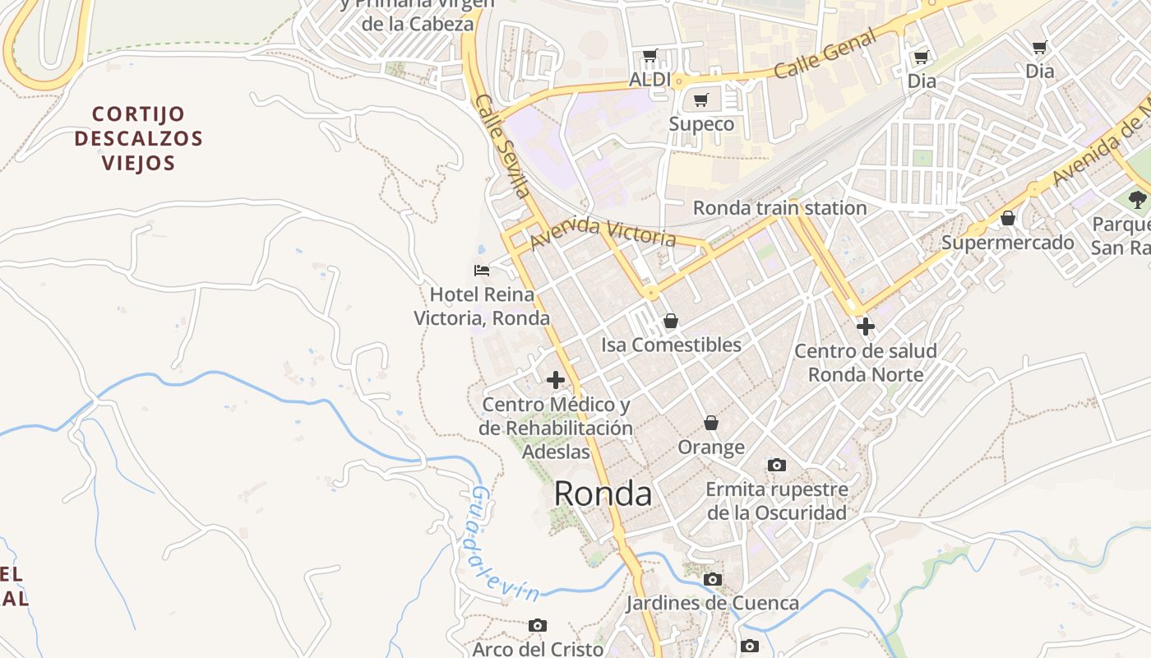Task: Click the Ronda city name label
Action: click(603, 493)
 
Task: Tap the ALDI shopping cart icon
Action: click(650, 56)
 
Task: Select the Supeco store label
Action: click(701, 124)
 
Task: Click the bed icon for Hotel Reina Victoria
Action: click(482, 270)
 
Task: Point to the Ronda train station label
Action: click(779, 208)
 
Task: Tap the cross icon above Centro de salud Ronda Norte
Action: click(865, 327)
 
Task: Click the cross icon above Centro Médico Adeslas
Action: click(556, 380)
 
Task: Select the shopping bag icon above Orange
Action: click(711, 423)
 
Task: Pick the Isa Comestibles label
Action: click(671, 345)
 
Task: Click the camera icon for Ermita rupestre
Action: click(776, 466)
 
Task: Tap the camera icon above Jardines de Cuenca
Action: click(713, 580)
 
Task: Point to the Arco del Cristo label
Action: click(538, 649)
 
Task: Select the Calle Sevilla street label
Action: click(502, 146)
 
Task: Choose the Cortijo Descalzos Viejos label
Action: click(138, 138)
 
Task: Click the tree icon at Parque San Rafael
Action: click(1137, 198)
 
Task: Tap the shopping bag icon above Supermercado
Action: click(1007, 219)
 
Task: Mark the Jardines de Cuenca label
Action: click(712, 603)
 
